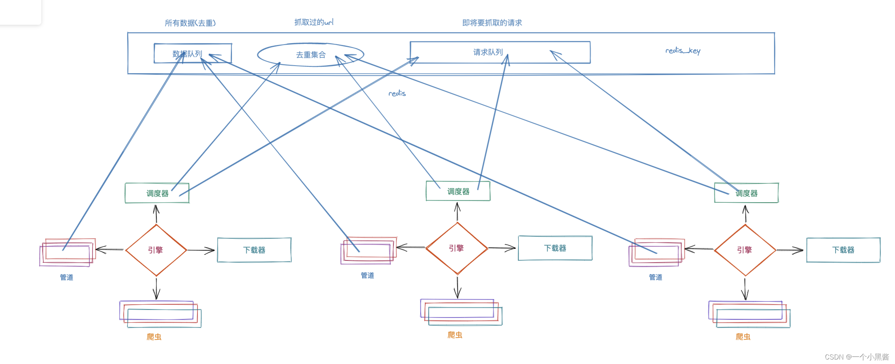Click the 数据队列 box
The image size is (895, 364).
pos(193,53)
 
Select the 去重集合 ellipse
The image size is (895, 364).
pos(311,55)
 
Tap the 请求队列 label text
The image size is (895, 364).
pos(488,52)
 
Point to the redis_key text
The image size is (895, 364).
pos(682,50)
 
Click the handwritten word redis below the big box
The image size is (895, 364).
pos(397,93)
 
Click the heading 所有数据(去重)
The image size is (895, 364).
pos(190,23)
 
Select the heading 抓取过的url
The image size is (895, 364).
pos(314,22)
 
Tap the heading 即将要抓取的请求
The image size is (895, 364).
pos(492,23)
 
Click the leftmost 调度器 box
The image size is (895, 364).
pos(157,193)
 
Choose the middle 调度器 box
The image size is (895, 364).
pos(458,191)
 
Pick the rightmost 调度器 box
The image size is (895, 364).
pos(746,193)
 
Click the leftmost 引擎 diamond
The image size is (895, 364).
pos(156,250)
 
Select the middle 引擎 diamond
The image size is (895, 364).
pos(457,248)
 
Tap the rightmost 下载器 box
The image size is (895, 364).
pos(843,250)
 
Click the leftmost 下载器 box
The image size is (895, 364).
pos(254,250)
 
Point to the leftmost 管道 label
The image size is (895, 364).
pos(67,277)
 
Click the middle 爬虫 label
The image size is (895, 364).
pos(455,335)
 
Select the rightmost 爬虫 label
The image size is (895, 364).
pos(743,337)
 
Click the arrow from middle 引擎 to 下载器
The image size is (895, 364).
pos(502,248)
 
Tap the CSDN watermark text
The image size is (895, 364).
pos(856,356)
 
